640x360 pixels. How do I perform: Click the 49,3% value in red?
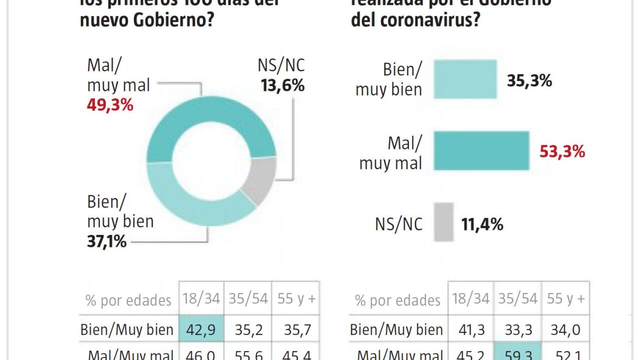point(110,105)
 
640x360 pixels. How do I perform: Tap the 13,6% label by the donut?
point(282,85)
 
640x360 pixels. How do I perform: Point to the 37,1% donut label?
point(106,241)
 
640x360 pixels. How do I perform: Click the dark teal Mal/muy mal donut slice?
point(210,120)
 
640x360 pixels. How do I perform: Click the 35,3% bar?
point(465,79)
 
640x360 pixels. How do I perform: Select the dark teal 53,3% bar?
point(481,150)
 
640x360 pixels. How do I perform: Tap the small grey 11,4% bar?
point(443,222)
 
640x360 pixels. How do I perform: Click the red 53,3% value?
point(562,151)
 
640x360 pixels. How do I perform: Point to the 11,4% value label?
point(482,224)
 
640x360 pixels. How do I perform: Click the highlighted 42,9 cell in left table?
point(201,329)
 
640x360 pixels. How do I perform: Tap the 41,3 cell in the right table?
point(470,329)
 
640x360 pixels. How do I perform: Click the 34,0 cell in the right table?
point(565,329)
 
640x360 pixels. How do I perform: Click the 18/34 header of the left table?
point(201,299)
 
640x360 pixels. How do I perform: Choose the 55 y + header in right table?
point(565,299)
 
